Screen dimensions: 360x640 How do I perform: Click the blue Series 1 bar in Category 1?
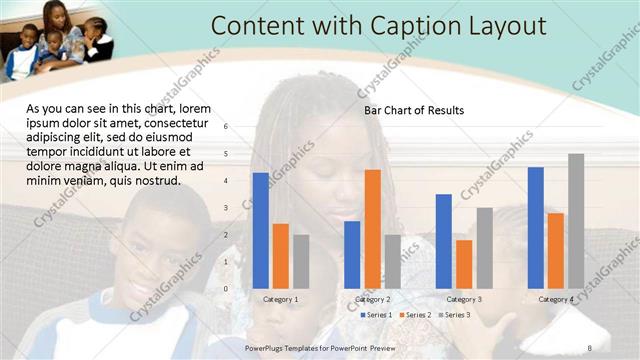pos(260,230)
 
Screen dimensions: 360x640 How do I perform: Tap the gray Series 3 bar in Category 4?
pos(576,220)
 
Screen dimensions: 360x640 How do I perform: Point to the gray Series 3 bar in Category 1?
pos(300,261)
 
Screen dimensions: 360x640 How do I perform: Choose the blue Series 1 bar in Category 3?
pos(444,241)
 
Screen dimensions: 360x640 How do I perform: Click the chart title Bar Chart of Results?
pos(413,110)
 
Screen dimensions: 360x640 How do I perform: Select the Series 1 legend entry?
pos(375,315)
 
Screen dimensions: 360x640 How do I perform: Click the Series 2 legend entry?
pos(414,315)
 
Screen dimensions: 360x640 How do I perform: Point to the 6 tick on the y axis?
pos(226,127)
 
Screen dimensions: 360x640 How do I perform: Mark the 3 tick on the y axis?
pos(226,208)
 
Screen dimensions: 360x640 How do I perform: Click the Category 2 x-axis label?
pos(372,299)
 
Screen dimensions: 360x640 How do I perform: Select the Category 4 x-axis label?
pos(556,299)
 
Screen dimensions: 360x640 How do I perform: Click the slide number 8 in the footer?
pos(590,346)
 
